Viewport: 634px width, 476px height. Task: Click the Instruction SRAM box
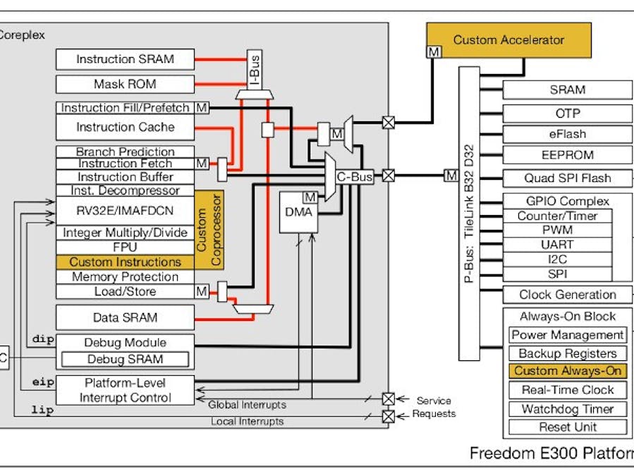[125, 59]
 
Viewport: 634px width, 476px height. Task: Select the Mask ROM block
[125, 84]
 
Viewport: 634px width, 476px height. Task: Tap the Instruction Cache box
[125, 127]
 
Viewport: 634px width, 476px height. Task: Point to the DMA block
[299, 212]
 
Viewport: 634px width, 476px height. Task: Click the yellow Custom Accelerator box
[508, 40]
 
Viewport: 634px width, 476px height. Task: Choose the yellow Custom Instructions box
[125, 262]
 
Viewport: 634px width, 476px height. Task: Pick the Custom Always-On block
[568, 371]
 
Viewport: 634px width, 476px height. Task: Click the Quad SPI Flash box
[568, 178]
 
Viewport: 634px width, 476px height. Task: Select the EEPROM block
[568, 155]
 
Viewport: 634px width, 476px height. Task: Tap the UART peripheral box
[557, 245]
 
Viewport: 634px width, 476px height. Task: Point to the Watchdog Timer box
[568, 409]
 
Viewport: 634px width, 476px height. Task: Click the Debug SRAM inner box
[125, 360]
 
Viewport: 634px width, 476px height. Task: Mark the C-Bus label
[354, 178]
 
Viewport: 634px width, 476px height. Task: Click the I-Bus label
[255, 70]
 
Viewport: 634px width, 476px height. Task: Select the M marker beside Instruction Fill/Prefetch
[202, 108]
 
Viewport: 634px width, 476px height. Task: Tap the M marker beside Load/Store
[202, 291]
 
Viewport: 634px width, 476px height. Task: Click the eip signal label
[43, 382]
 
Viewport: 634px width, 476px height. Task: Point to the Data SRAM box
[125, 318]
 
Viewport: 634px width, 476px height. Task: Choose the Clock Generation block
[568, 295]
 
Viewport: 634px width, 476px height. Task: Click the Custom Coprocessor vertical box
[209, 230]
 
